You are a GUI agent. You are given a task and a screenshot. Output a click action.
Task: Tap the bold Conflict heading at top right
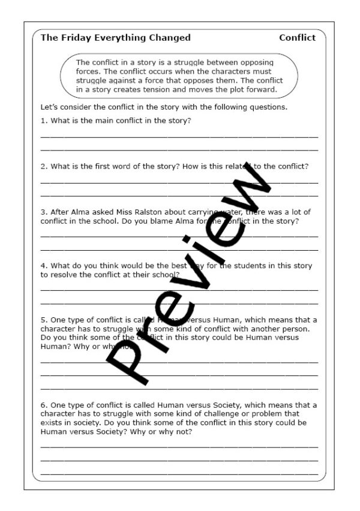pos(297,38)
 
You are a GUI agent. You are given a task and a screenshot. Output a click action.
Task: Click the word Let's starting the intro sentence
pos(49,107)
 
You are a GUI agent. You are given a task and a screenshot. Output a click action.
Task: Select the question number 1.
pos(43,121)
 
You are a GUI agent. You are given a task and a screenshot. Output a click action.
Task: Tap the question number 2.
pos(43,166)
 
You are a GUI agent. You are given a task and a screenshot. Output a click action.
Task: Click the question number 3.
pos(43,212)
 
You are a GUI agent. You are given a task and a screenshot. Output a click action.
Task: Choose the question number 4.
pos(43,266)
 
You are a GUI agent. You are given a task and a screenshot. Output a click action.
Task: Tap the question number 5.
pos(43,320)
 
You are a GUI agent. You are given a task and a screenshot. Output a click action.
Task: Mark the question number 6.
pos(43,405)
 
